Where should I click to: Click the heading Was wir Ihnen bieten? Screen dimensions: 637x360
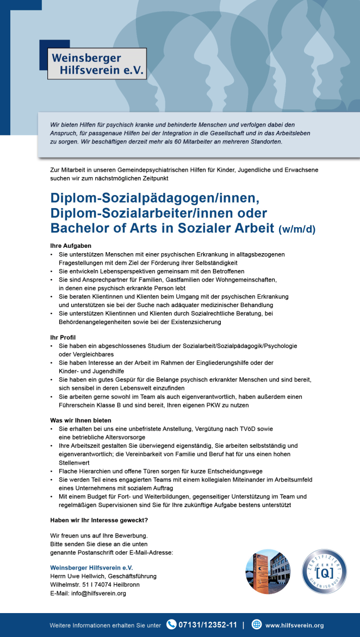[x=80, y=420]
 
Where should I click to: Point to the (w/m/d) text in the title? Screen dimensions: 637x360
[x=296, y=229]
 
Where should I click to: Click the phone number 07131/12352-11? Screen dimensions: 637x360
[x=208, y=624]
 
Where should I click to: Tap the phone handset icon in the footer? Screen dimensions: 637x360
[x=171, y=624]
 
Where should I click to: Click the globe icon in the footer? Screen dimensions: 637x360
[x=257, y=624]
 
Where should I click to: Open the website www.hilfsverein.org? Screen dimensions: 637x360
[x=294, y=625]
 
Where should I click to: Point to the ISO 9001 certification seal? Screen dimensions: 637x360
[x=324, y=571]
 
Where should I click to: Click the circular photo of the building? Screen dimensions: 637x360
[x=268, y=571]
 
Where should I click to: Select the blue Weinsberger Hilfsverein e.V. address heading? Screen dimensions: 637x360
[x=91, y=567]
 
